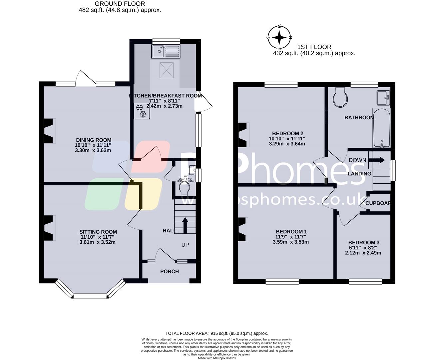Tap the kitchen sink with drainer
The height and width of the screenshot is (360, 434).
[166, 51]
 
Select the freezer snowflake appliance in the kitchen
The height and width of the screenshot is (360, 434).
[141, 111]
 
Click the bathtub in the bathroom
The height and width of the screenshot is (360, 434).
[381, 128]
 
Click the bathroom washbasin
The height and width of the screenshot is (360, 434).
[383, 97]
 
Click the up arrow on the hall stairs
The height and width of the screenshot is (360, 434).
[185, 225]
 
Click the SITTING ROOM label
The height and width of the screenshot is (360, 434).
[98, 232]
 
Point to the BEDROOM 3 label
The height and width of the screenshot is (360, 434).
[364, 243]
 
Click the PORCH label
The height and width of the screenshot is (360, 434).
[170, 271]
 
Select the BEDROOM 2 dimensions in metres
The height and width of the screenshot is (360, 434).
[287, 144]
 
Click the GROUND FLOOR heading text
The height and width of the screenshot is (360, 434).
[120, 4]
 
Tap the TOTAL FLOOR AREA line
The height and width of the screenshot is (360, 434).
[217, 333]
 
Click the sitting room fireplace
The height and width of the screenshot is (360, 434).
[49, 228]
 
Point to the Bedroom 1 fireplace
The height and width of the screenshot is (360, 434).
[242, 229]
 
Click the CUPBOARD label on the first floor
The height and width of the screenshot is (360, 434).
[378, 203]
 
